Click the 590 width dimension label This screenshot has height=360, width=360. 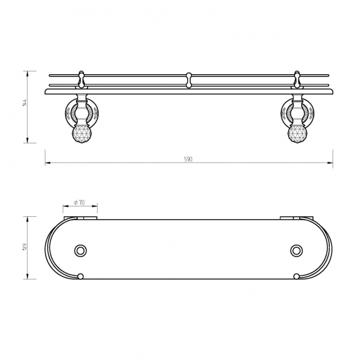click(188, 159)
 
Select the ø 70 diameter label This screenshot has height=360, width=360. click(79, 203)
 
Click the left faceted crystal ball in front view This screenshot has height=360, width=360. click(82, 135)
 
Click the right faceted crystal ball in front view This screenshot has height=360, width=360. click(297, 135)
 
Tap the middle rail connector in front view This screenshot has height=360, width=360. click(189, 80)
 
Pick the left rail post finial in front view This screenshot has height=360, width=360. click(82, 79)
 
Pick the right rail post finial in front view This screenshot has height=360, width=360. click(297, 79)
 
